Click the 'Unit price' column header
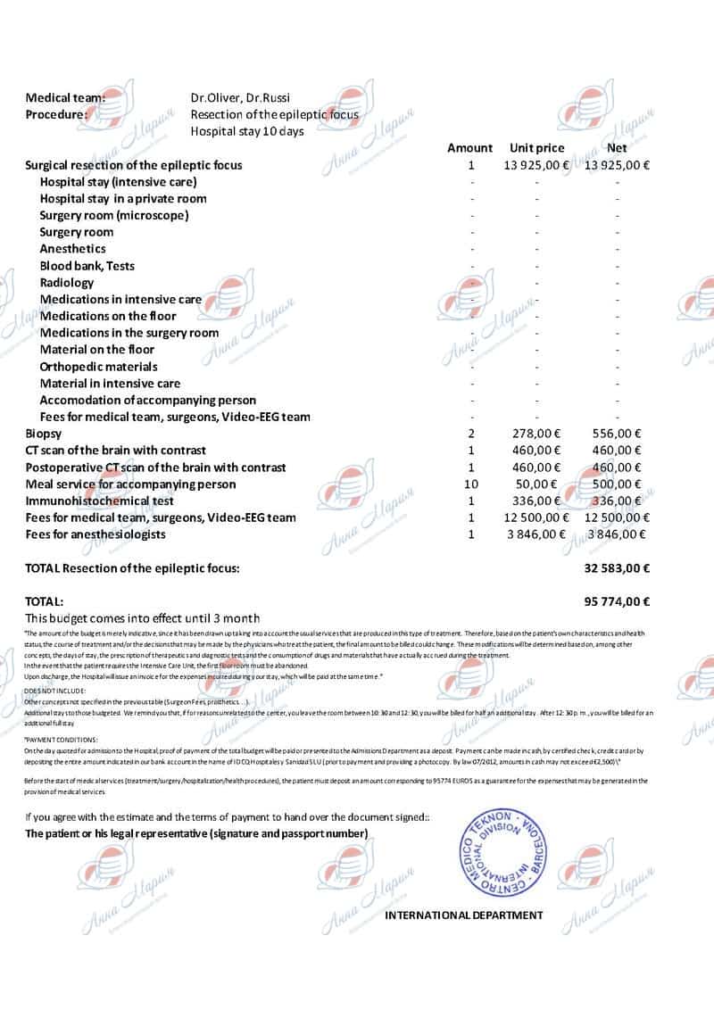[536, 148]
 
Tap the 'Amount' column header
[469, 148]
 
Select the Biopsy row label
[43, 434]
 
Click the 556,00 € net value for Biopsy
[617, 434]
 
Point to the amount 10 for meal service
[470, 484]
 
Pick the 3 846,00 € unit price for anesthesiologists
[536, 534]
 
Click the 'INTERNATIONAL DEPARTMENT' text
[463, 915]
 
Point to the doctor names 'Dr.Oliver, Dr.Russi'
[240, 98]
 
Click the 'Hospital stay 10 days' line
[247, 131]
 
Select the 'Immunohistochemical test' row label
[99, 501]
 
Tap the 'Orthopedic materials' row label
[98, 367]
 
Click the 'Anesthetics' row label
[72, 249]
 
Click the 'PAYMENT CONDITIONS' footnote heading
[62, 741]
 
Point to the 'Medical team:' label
[65, 98]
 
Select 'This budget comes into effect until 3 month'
[143, 618]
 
